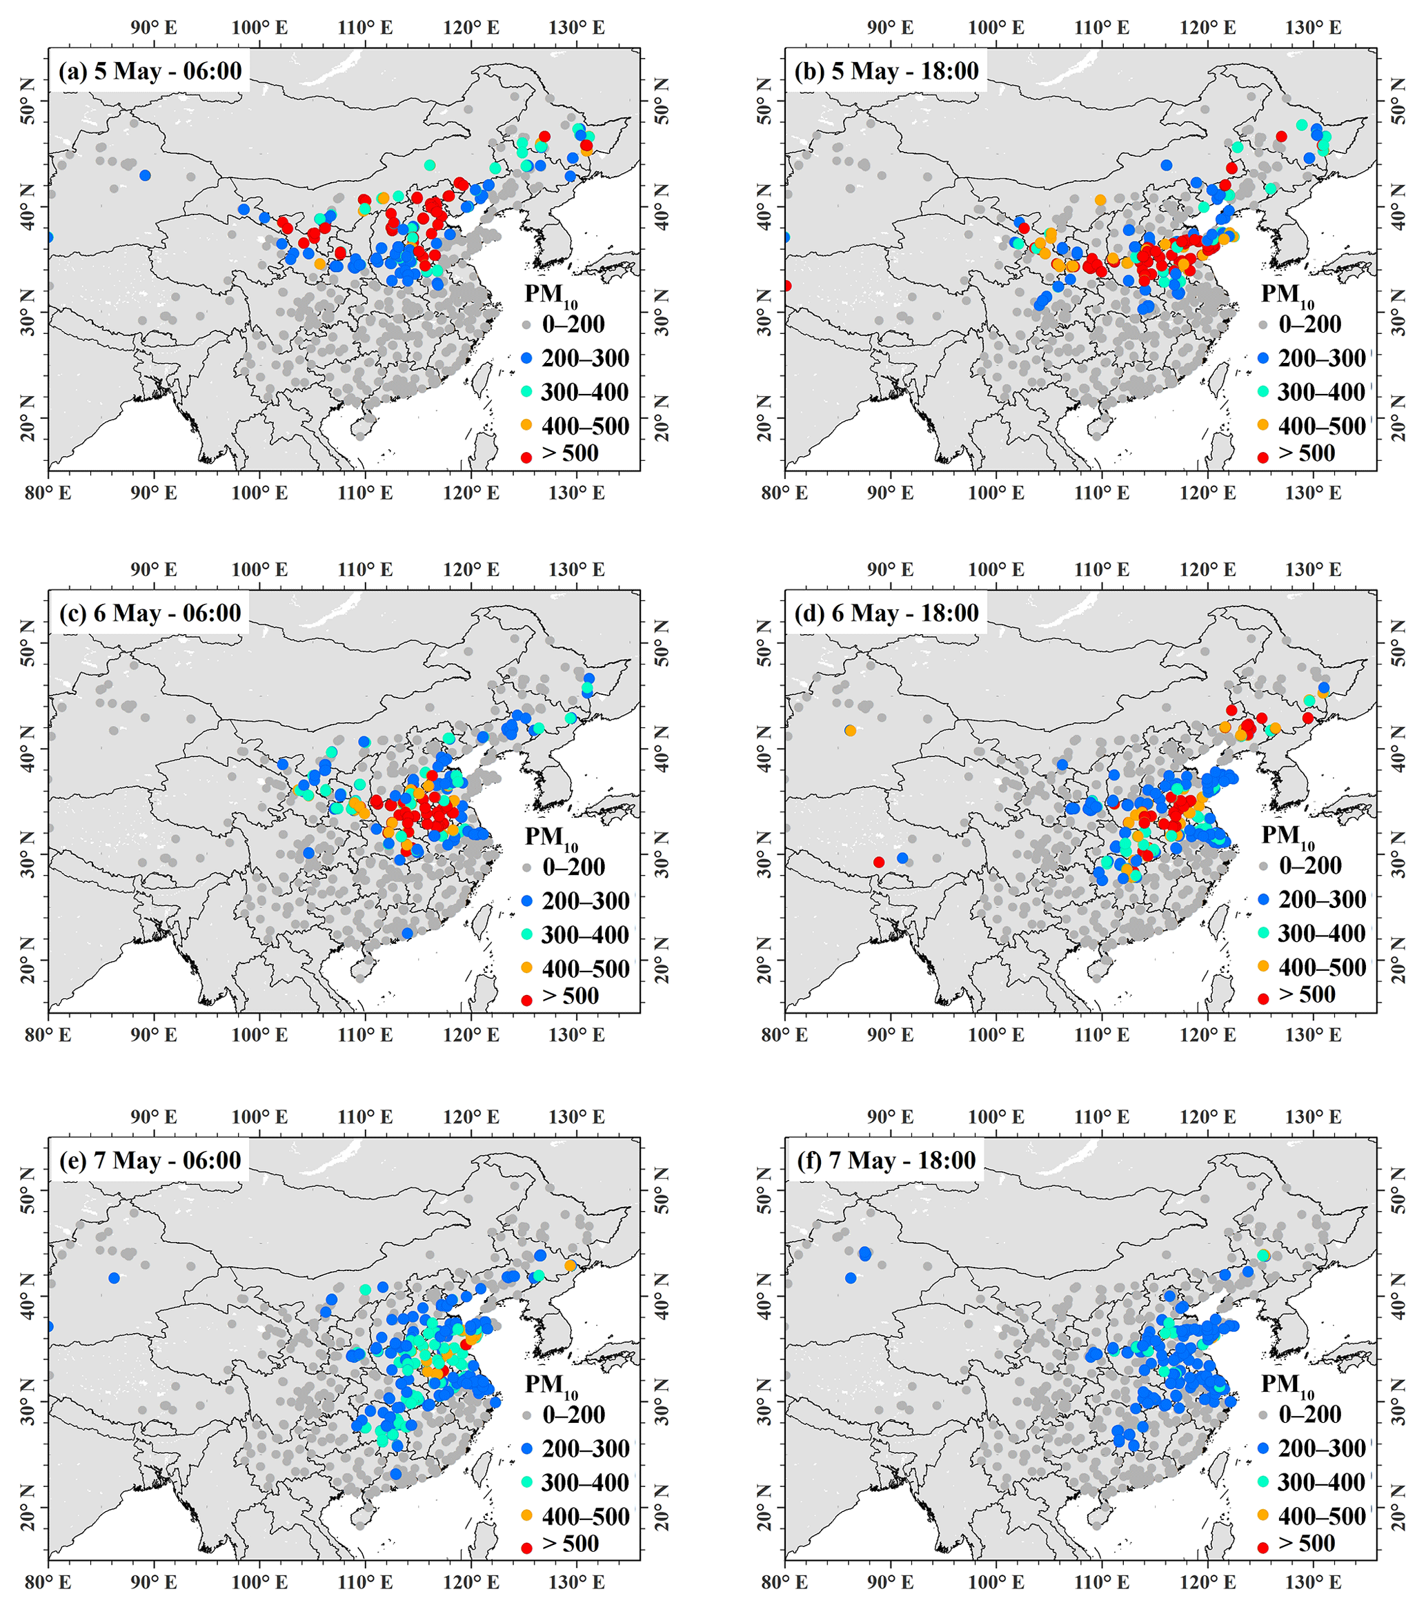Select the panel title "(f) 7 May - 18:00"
pos(886,1161)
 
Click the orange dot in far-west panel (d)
pos(851,730)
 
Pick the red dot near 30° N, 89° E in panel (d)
pos(879,862)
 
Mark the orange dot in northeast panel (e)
pos(570,1266)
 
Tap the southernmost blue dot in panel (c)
pos(407,933)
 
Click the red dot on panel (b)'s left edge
pos(786,286)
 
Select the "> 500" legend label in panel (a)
pos(570,454)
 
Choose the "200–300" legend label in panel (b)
pos(1322,358)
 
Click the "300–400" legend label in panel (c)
pos(585,935)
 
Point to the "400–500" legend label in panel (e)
pos(585,1516)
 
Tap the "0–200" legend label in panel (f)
pos(1310,1414)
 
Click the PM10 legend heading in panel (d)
pos(1288,837)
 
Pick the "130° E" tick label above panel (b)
pos(1314,28)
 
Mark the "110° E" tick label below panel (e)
pos(365,1581)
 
